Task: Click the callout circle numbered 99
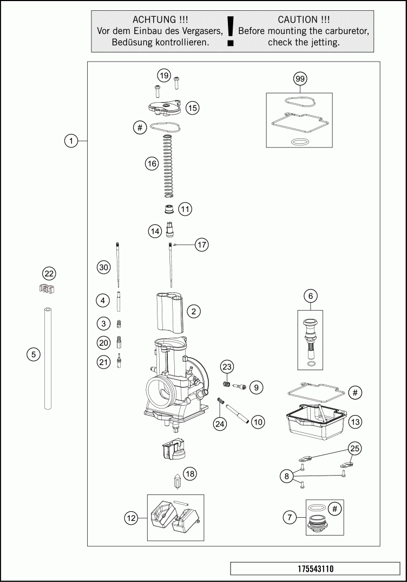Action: tap(300, 79)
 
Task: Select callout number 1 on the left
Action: tap(70, 141)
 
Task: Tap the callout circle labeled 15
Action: tap(192, 108)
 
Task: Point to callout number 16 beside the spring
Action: tap(152, 163)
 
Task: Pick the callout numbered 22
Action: tap(49, 273)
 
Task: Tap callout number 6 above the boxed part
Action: tap(310, 296)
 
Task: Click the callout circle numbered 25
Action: tap(355, 448)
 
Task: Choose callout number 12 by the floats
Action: tap(131, 518)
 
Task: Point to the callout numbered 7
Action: tap(290, 518)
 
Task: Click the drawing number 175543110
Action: tap(315, 568)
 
